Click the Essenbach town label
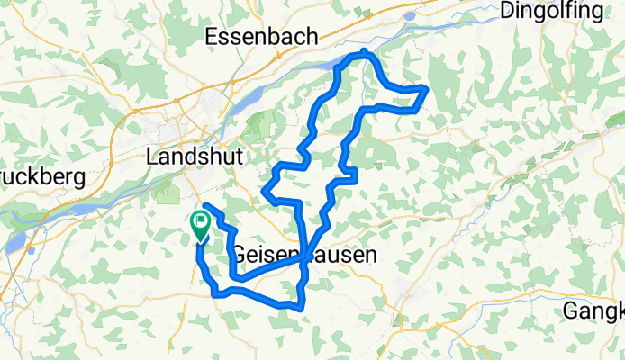click(x=262, y=37)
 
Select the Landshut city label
click(x=195, y=156)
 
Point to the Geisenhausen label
click(x=303, y=255)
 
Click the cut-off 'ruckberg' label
click(x=41, y=176)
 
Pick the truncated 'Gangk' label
click(x=593, y=311)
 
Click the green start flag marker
click(x=199, y=225)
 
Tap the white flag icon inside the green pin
click(x=199, y=220)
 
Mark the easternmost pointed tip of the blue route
click(x=426, y=87)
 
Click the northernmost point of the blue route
click(x=364, y=51)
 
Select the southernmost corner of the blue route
click(x=300, y=309)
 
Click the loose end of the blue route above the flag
click(x=206, y=207)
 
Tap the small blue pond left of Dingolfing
click(x=411, y=15)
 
